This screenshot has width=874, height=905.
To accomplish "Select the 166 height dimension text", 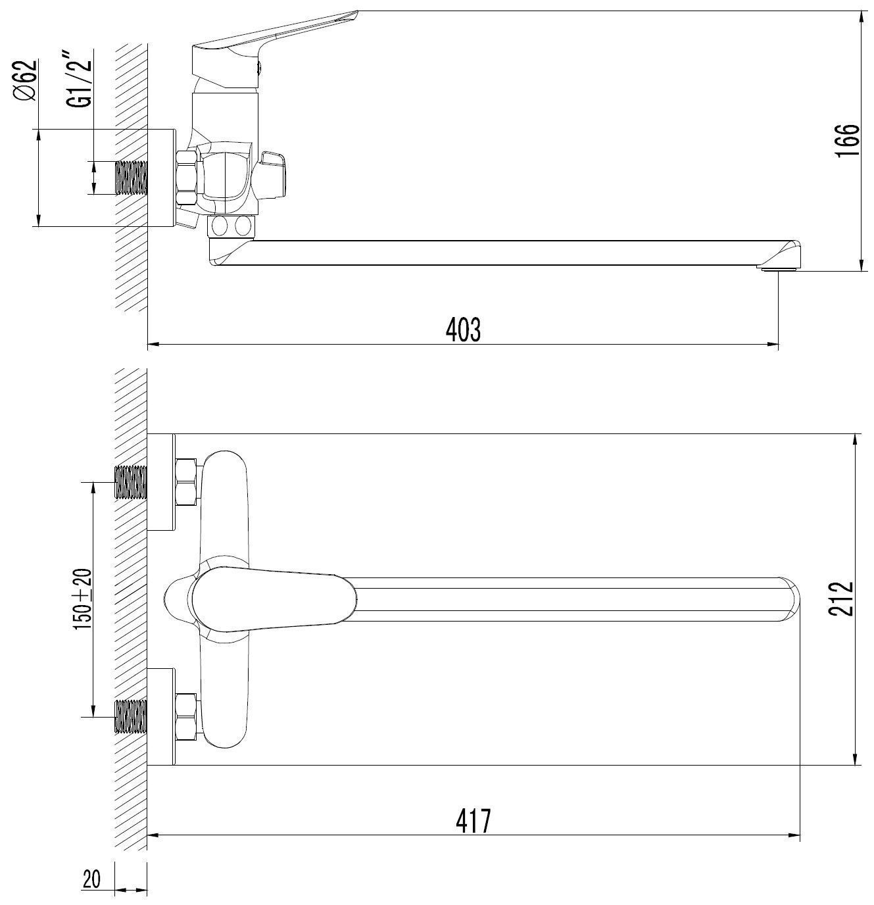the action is (x=847, y=141).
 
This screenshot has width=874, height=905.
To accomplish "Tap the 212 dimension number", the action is (x=841, y=599).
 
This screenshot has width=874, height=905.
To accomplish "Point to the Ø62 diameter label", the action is (x=24, y=80).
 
